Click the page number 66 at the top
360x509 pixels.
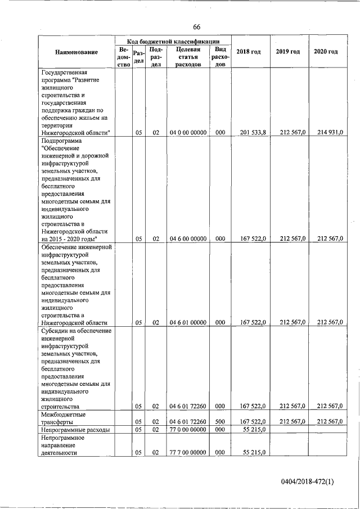click(196, 27)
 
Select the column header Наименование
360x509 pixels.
click(76, 52)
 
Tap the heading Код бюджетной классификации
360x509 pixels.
click(173, 42)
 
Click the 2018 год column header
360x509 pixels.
click(248, 52)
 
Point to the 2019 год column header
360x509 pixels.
click(287, 52)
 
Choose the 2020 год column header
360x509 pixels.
click(326, 52)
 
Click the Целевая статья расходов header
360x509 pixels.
click(188, 57)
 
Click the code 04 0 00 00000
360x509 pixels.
click(188, 132)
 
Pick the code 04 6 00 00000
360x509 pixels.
click(188, 238)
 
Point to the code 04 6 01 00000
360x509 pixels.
click(188, 322)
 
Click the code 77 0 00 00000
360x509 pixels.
click(188, 430)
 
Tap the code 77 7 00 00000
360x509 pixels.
click(188, 452)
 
